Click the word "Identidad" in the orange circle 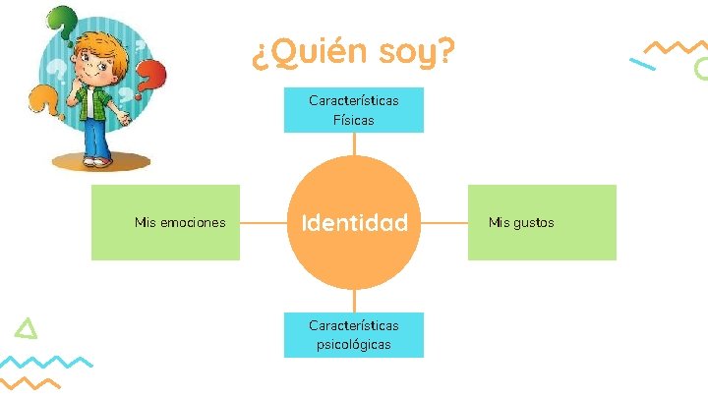point(354,223)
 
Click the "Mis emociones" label point(180,223)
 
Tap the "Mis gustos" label point(521,223)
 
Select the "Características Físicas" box point(354,110)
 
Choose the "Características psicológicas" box point(354,334)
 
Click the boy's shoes point(96,160)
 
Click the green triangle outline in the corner point(29,329)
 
